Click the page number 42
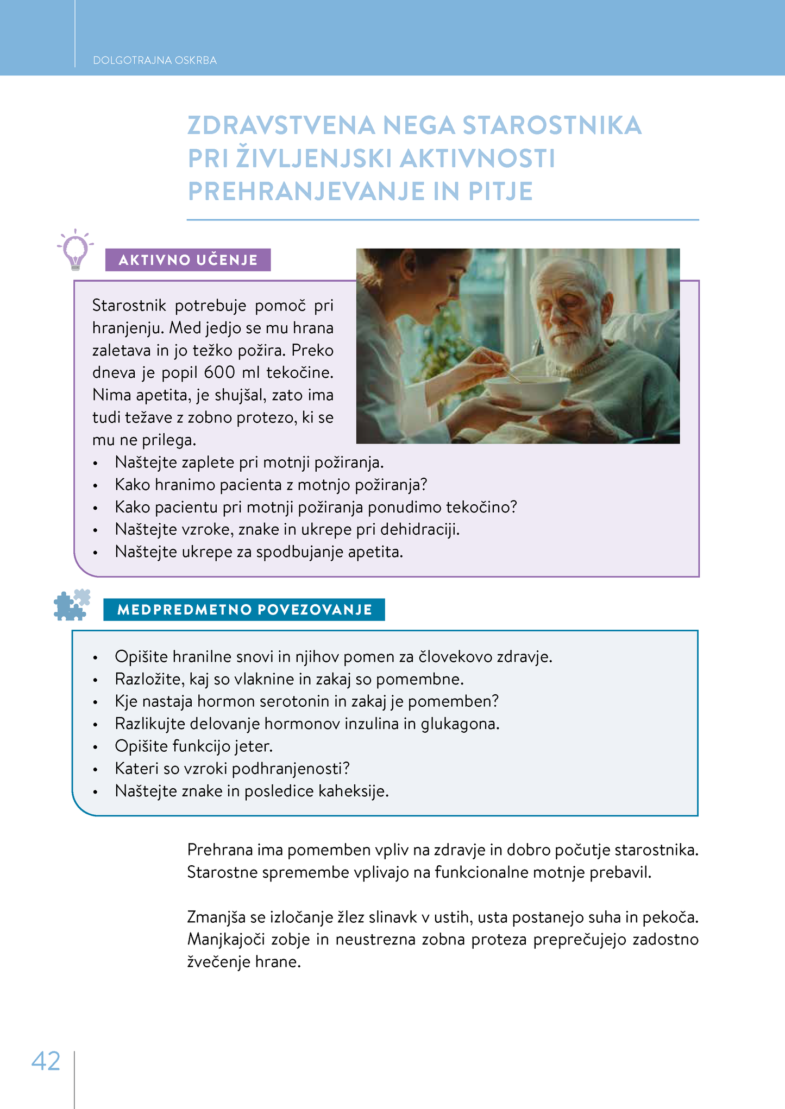click(x=46, y=1061)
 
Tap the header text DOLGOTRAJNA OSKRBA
click(x=155, y=60)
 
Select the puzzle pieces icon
click(x=72, y=605)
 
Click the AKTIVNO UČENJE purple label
click(x=188, y=260)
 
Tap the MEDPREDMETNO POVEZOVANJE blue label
click(x=244, y=610)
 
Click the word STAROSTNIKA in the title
click(x=552, y=125)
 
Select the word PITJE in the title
click(x=500, y=191)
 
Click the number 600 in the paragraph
click(x=220, y=372)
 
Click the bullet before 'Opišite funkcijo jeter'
click(x=96, y=747)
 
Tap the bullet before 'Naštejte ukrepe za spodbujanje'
click(x=96, y=553)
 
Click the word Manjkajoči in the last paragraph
click(x=225, y=939)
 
